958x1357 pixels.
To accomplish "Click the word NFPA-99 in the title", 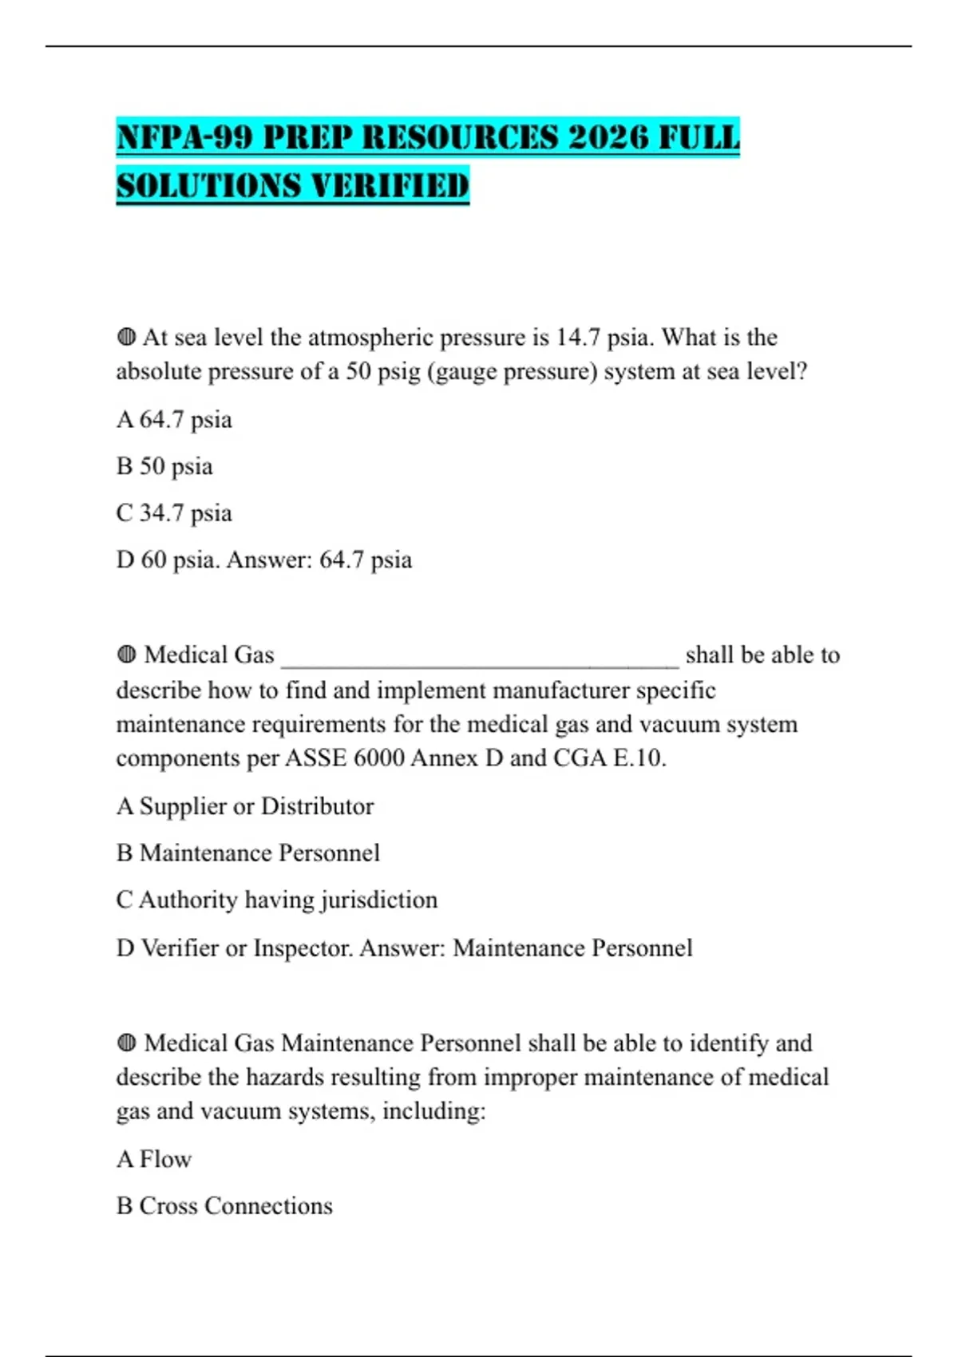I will [x=185, y=137].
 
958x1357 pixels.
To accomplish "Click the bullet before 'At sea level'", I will [x=126, y=338].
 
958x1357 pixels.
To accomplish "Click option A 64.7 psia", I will [x=174, y=420].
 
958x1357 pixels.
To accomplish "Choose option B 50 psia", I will [x=164, y=466].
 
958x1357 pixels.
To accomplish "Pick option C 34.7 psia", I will [x=174, y=513].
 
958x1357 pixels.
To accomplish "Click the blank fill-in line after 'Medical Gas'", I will [x=480, y=657].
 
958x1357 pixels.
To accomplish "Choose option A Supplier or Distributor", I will [x=245, y=806].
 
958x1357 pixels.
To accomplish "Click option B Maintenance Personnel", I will [x=248, y=853].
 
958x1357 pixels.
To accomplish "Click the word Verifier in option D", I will [x=180, y=948].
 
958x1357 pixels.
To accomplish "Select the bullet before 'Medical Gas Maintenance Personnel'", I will [x=126, y=1043].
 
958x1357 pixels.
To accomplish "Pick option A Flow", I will [x=154, y=1159].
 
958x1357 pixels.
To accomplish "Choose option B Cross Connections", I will [x=224, y=1206].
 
